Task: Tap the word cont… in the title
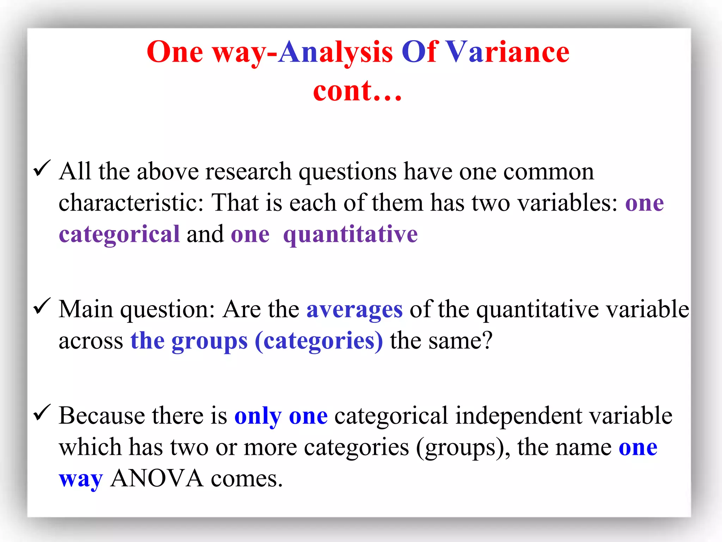[357, 91]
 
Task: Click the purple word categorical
[119, 235]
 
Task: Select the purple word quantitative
[350, 235]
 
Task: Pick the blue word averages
[354, 310]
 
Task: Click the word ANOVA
[157, 479]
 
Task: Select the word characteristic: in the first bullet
[131, 203]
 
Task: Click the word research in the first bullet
[248, 172]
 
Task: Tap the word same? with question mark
[460, 341]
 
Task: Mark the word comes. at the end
[247, 479]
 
